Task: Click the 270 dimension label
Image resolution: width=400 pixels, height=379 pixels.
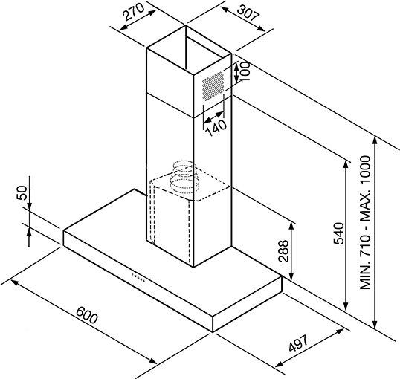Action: (x=133, y=12)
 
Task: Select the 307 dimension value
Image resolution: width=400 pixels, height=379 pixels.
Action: (x=248, y=13)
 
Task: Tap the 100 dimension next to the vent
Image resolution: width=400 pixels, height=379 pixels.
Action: (x=245, y=71)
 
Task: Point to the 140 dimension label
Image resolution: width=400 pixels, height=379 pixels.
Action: (x=216, y=128)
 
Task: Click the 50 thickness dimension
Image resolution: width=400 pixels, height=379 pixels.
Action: (x=22, y=192)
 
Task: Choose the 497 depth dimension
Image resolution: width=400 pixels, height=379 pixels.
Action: (x=298, y=343)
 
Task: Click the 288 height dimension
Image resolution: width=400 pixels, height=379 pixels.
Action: (x=283, y=251)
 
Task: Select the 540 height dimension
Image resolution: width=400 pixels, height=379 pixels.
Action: (x=339, y=233)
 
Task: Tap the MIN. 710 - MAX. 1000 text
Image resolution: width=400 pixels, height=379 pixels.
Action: (x=365, y=222)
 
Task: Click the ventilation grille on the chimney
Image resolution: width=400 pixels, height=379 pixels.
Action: (x=213, y=86)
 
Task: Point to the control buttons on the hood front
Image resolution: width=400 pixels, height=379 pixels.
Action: (x=138, y=278)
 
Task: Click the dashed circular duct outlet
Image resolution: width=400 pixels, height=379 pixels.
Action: (x=184, y=176)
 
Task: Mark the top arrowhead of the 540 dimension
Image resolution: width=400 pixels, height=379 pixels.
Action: (x=346, y=165)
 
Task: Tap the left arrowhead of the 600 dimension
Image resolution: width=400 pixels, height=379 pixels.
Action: (x=15, y=282)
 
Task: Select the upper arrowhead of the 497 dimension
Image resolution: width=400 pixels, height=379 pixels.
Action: (x=340, y=331)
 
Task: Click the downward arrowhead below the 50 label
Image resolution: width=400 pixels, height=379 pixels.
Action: (x=29, y=206)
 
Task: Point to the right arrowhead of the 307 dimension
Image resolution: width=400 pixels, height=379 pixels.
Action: (x=261, y=28)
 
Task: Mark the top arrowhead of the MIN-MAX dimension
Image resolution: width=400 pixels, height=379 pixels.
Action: (x=375, y=141)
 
